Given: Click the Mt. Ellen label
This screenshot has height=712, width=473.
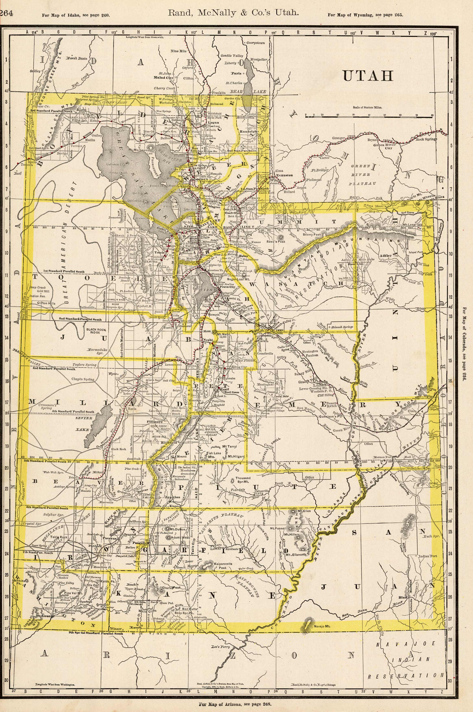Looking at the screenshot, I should [304, 512].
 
